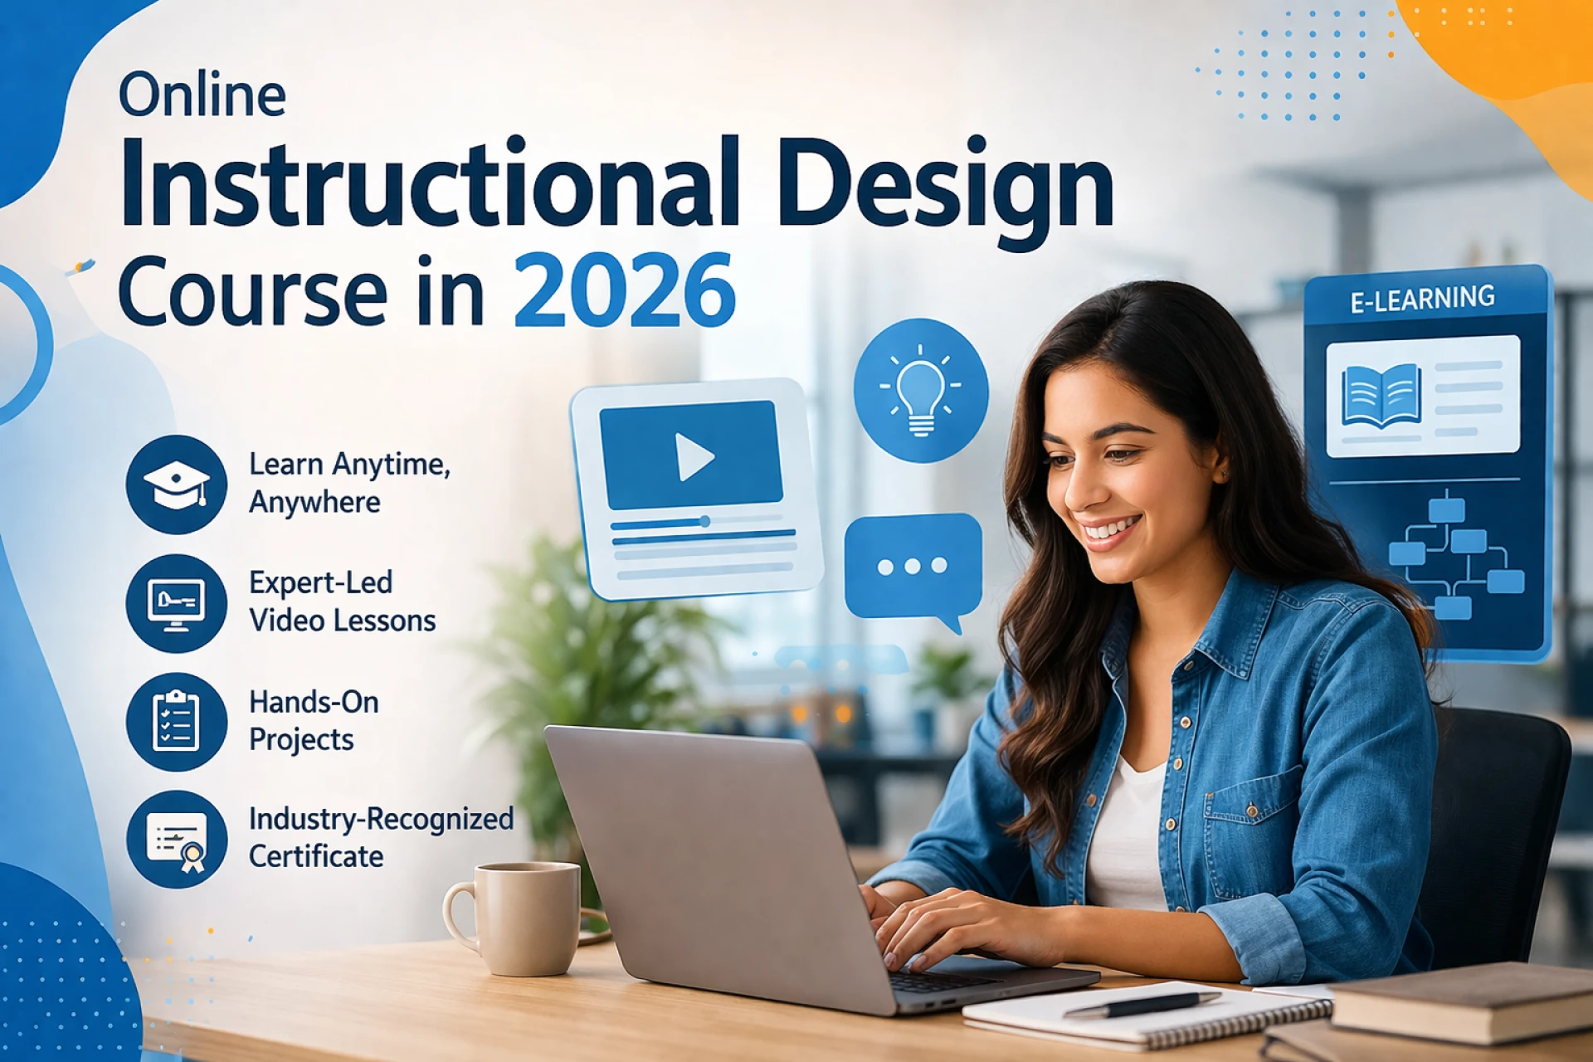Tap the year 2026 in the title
coord(624,291)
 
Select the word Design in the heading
coord(945,184)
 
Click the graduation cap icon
coord(176,485)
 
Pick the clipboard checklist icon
coord(176,722)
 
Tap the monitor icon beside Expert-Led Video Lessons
coord(176,604)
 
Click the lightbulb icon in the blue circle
coord(920,390)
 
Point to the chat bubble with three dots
coord(913,568)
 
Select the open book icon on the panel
coord(1381,396)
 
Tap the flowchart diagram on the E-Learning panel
coord(1454,554)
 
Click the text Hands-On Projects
coord(314,720)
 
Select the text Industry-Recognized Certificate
coord(381,837)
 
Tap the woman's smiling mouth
coord(1113,529)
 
